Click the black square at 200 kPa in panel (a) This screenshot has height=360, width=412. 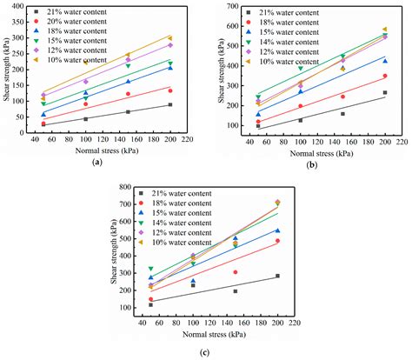coord(170,104)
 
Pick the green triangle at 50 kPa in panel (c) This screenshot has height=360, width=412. coord(151,270)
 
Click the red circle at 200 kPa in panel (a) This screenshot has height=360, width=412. coord(170,90)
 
